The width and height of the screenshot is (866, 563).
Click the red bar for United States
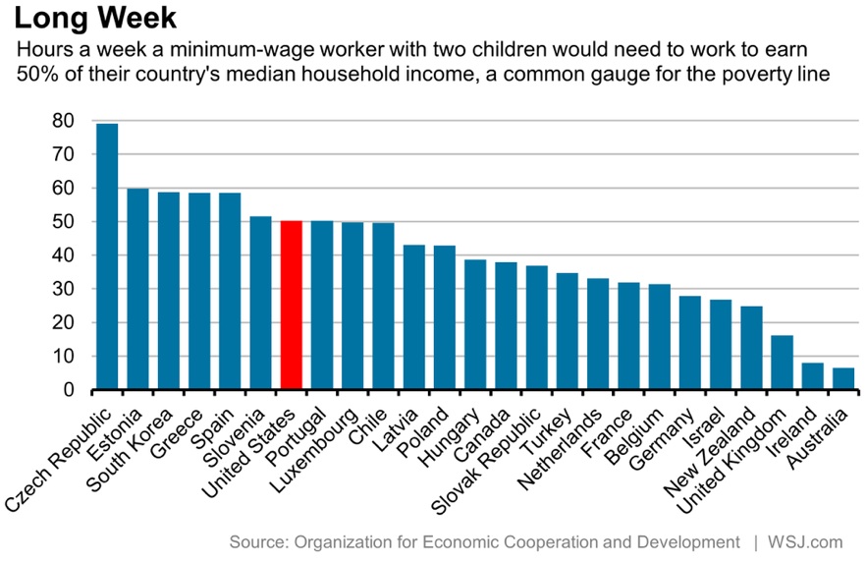click(x=291, y=306)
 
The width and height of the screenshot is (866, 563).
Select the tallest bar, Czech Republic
click(x=107, y=256)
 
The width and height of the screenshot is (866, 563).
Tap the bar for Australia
click(x=841, y=379)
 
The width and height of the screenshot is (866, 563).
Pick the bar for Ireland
click(x=811, y=376)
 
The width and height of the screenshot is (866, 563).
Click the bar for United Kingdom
click(x=781, y=363)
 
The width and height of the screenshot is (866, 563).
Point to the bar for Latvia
click(x=413, y=317)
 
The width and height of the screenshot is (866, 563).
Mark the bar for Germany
click(x=689, y=343)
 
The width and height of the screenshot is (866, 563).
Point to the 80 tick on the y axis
click(x=62, y=121)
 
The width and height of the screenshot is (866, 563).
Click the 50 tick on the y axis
click(x=62, y=222)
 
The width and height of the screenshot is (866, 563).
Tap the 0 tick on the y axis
click(x=68, y=390)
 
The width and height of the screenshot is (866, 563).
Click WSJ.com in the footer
click(x=807, y=541)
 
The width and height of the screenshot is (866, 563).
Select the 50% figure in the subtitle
click(x=37, y=74)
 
